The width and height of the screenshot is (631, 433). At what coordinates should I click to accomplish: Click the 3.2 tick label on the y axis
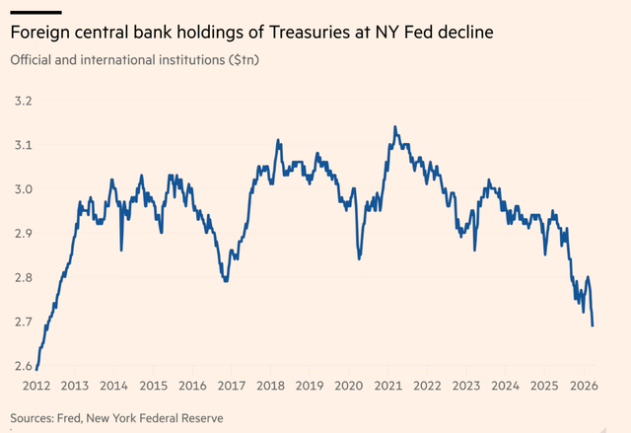tap(21, 102)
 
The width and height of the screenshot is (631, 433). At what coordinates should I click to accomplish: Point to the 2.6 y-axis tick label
tap(21, 367)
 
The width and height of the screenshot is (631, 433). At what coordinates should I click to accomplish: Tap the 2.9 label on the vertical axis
tap(21, 234)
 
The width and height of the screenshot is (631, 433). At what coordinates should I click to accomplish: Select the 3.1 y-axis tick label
tap(21, 146)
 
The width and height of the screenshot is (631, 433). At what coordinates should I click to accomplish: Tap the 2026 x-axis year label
tap(582, 386)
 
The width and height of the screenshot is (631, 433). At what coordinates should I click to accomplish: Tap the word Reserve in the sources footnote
tap(198, 418)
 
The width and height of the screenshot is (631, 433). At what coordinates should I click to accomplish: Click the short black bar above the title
tap(35, 11)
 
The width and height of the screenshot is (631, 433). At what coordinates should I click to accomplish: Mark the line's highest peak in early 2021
tap(395, 126)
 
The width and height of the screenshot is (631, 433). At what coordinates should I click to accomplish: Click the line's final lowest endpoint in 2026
tap(593, 325)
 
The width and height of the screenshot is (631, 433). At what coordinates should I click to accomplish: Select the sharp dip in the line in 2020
tap(360, 258)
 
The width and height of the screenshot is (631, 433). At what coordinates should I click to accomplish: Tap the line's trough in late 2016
tap(227, 281)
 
